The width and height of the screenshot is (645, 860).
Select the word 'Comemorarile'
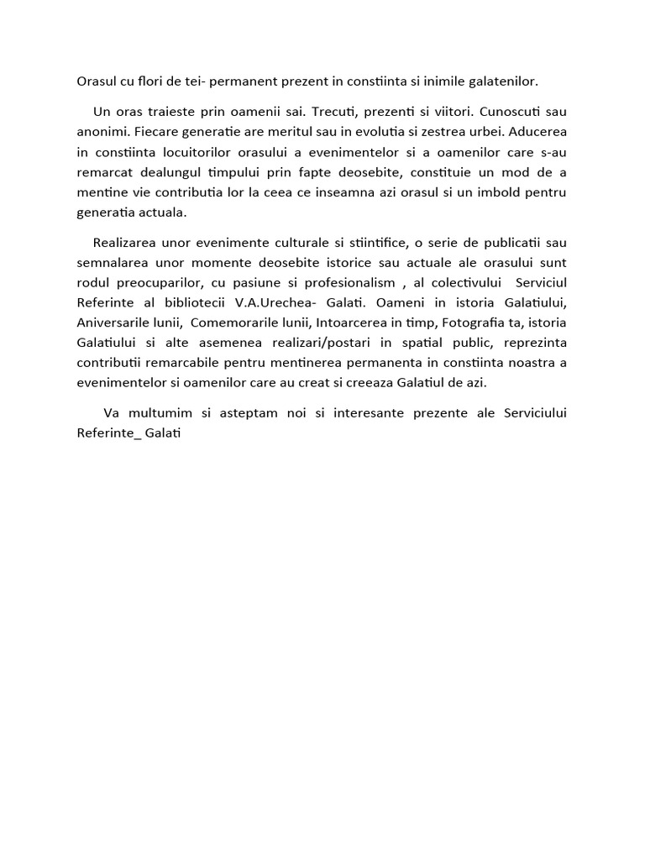tap(232, 323)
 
